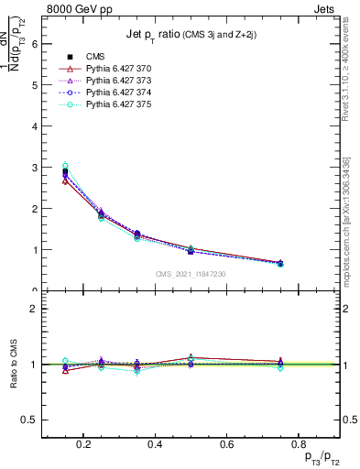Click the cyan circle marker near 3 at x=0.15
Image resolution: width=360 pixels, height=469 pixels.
tap(64, 166)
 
